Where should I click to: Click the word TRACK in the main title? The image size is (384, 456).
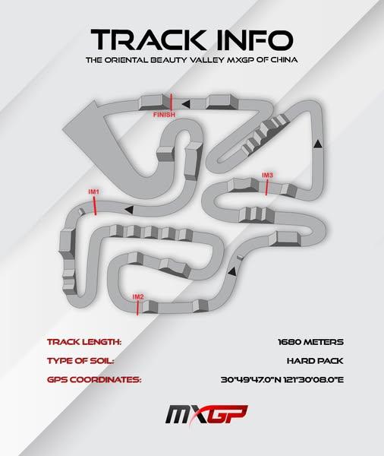point(148,40)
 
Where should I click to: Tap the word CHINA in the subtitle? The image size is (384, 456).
point(284,60)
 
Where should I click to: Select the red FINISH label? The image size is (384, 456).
point(164,115)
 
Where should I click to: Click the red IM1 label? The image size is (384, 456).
point(94,192)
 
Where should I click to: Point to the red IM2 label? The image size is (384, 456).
point(138,297)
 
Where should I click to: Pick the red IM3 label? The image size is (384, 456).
point(267,175)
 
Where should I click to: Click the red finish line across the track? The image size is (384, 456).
point(171,102)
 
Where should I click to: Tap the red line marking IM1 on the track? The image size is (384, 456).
point(95,206)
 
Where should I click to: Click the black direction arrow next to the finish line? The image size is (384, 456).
point(186,103)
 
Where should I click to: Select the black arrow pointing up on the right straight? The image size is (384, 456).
point(318,144)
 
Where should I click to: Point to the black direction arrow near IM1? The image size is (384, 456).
point(129,210)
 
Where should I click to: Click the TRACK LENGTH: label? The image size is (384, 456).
point(84,342)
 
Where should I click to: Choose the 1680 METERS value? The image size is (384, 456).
point(310,342)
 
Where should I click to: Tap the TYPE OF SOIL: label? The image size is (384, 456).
point(80,361)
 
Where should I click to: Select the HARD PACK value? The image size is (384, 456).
point(315,361)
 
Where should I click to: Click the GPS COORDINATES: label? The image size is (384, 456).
point(94,380)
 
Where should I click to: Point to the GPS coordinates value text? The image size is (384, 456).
point(282,380)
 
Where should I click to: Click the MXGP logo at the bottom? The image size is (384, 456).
point(206,415)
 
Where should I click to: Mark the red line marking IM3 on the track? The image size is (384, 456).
point(266,187)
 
